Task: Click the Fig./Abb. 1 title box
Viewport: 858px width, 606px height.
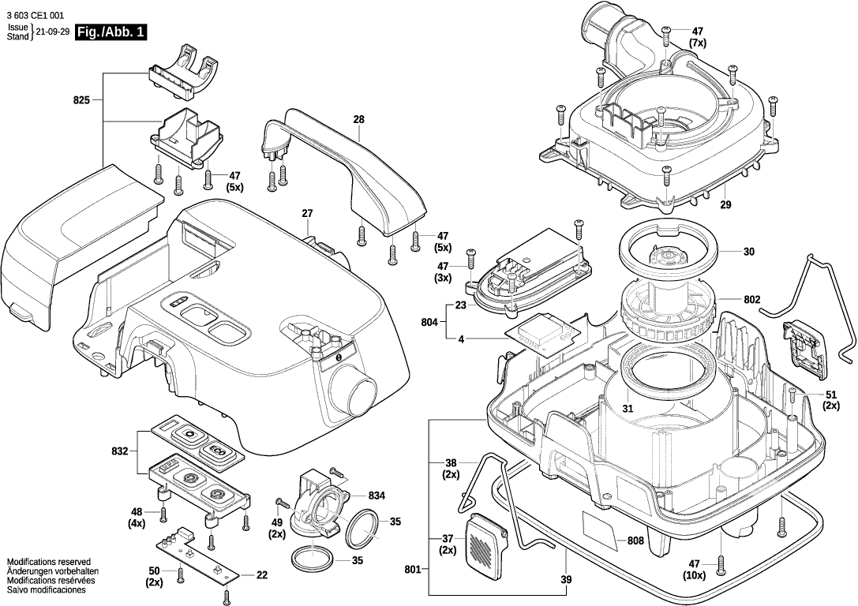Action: pos(112,32)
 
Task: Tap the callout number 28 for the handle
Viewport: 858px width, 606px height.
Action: pos(358,120)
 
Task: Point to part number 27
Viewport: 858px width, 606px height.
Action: pos(307,213)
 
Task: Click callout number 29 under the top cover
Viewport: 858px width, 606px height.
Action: pos(725,205)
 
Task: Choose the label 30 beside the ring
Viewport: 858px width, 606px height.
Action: pos(749,252)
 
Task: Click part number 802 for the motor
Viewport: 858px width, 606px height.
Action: pos(751,300)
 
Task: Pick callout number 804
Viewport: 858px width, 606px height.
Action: pos(429,322)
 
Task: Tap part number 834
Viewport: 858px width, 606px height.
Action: pos(376,496)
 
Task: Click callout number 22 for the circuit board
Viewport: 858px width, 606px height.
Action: pos(262,574)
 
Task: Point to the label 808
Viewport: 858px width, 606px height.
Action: pos(635,541)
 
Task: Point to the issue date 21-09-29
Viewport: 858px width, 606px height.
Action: pos(53,32)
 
